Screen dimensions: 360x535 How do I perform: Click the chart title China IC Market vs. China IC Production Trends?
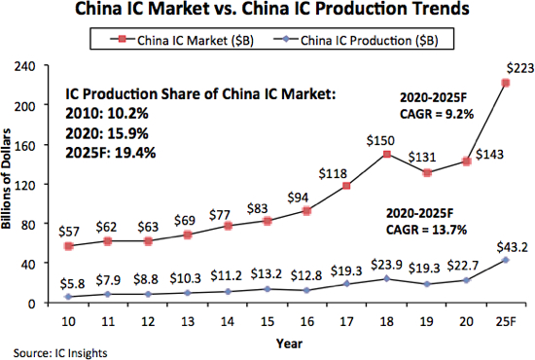267,14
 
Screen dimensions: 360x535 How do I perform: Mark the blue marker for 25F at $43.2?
506,260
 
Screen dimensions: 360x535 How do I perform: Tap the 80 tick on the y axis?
43,224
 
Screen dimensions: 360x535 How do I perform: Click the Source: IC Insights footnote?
49,350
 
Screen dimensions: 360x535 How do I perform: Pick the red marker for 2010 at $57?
66,246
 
